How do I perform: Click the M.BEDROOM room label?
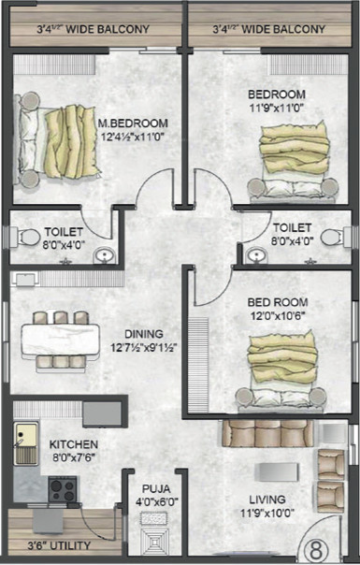133,123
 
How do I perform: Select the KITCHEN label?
74,444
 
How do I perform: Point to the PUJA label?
155,487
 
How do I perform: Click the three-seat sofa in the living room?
270,434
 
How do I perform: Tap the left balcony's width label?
93,30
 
